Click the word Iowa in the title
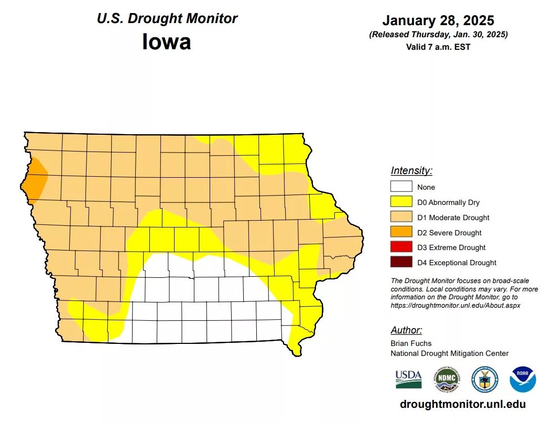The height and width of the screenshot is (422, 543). (166, 41)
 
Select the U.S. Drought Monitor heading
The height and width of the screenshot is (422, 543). (167, 18)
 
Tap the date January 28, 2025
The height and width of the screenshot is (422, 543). (438, 20)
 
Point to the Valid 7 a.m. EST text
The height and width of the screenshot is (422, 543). (438, 47)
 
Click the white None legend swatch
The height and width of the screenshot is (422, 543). (401, 187)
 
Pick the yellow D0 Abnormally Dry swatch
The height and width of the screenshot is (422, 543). (401, 202)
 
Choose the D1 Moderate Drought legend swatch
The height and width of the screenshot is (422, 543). (401, 218)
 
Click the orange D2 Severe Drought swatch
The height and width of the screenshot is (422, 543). (401, 233)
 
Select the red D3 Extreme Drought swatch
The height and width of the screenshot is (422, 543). (401, 247)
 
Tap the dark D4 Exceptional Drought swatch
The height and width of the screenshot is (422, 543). (401, 263)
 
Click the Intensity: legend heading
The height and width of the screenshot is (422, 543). (411, 171)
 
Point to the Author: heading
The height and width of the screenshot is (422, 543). (406, 330)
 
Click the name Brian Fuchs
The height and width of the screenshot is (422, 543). (411, 344)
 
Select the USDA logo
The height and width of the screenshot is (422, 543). (408, 378)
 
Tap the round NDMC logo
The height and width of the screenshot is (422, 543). (447, 379)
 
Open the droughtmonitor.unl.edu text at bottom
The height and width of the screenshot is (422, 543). (462, 404)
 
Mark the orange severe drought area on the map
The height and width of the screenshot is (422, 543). (36, 181)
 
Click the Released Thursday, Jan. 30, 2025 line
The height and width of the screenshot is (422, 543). (438, 35)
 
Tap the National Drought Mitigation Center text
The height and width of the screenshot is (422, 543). (449, 353)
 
